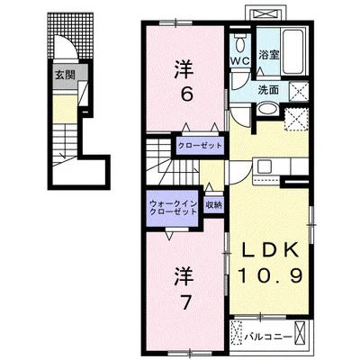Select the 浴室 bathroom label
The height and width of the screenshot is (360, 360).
click(x=269, y=55)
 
